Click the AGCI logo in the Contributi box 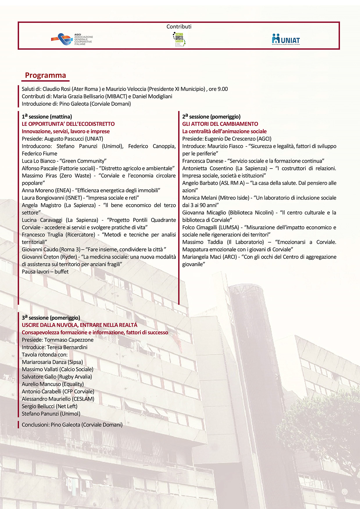[72, 39]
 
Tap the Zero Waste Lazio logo [179, 40]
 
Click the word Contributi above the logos [179, 26]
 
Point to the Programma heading [45, 75]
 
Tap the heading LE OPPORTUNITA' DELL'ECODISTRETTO [68, 124]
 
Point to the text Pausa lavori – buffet [45, 272]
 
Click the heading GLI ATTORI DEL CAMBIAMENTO [220, 124]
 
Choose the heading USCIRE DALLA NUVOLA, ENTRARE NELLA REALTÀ [79, 325]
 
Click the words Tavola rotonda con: [44, 355]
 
